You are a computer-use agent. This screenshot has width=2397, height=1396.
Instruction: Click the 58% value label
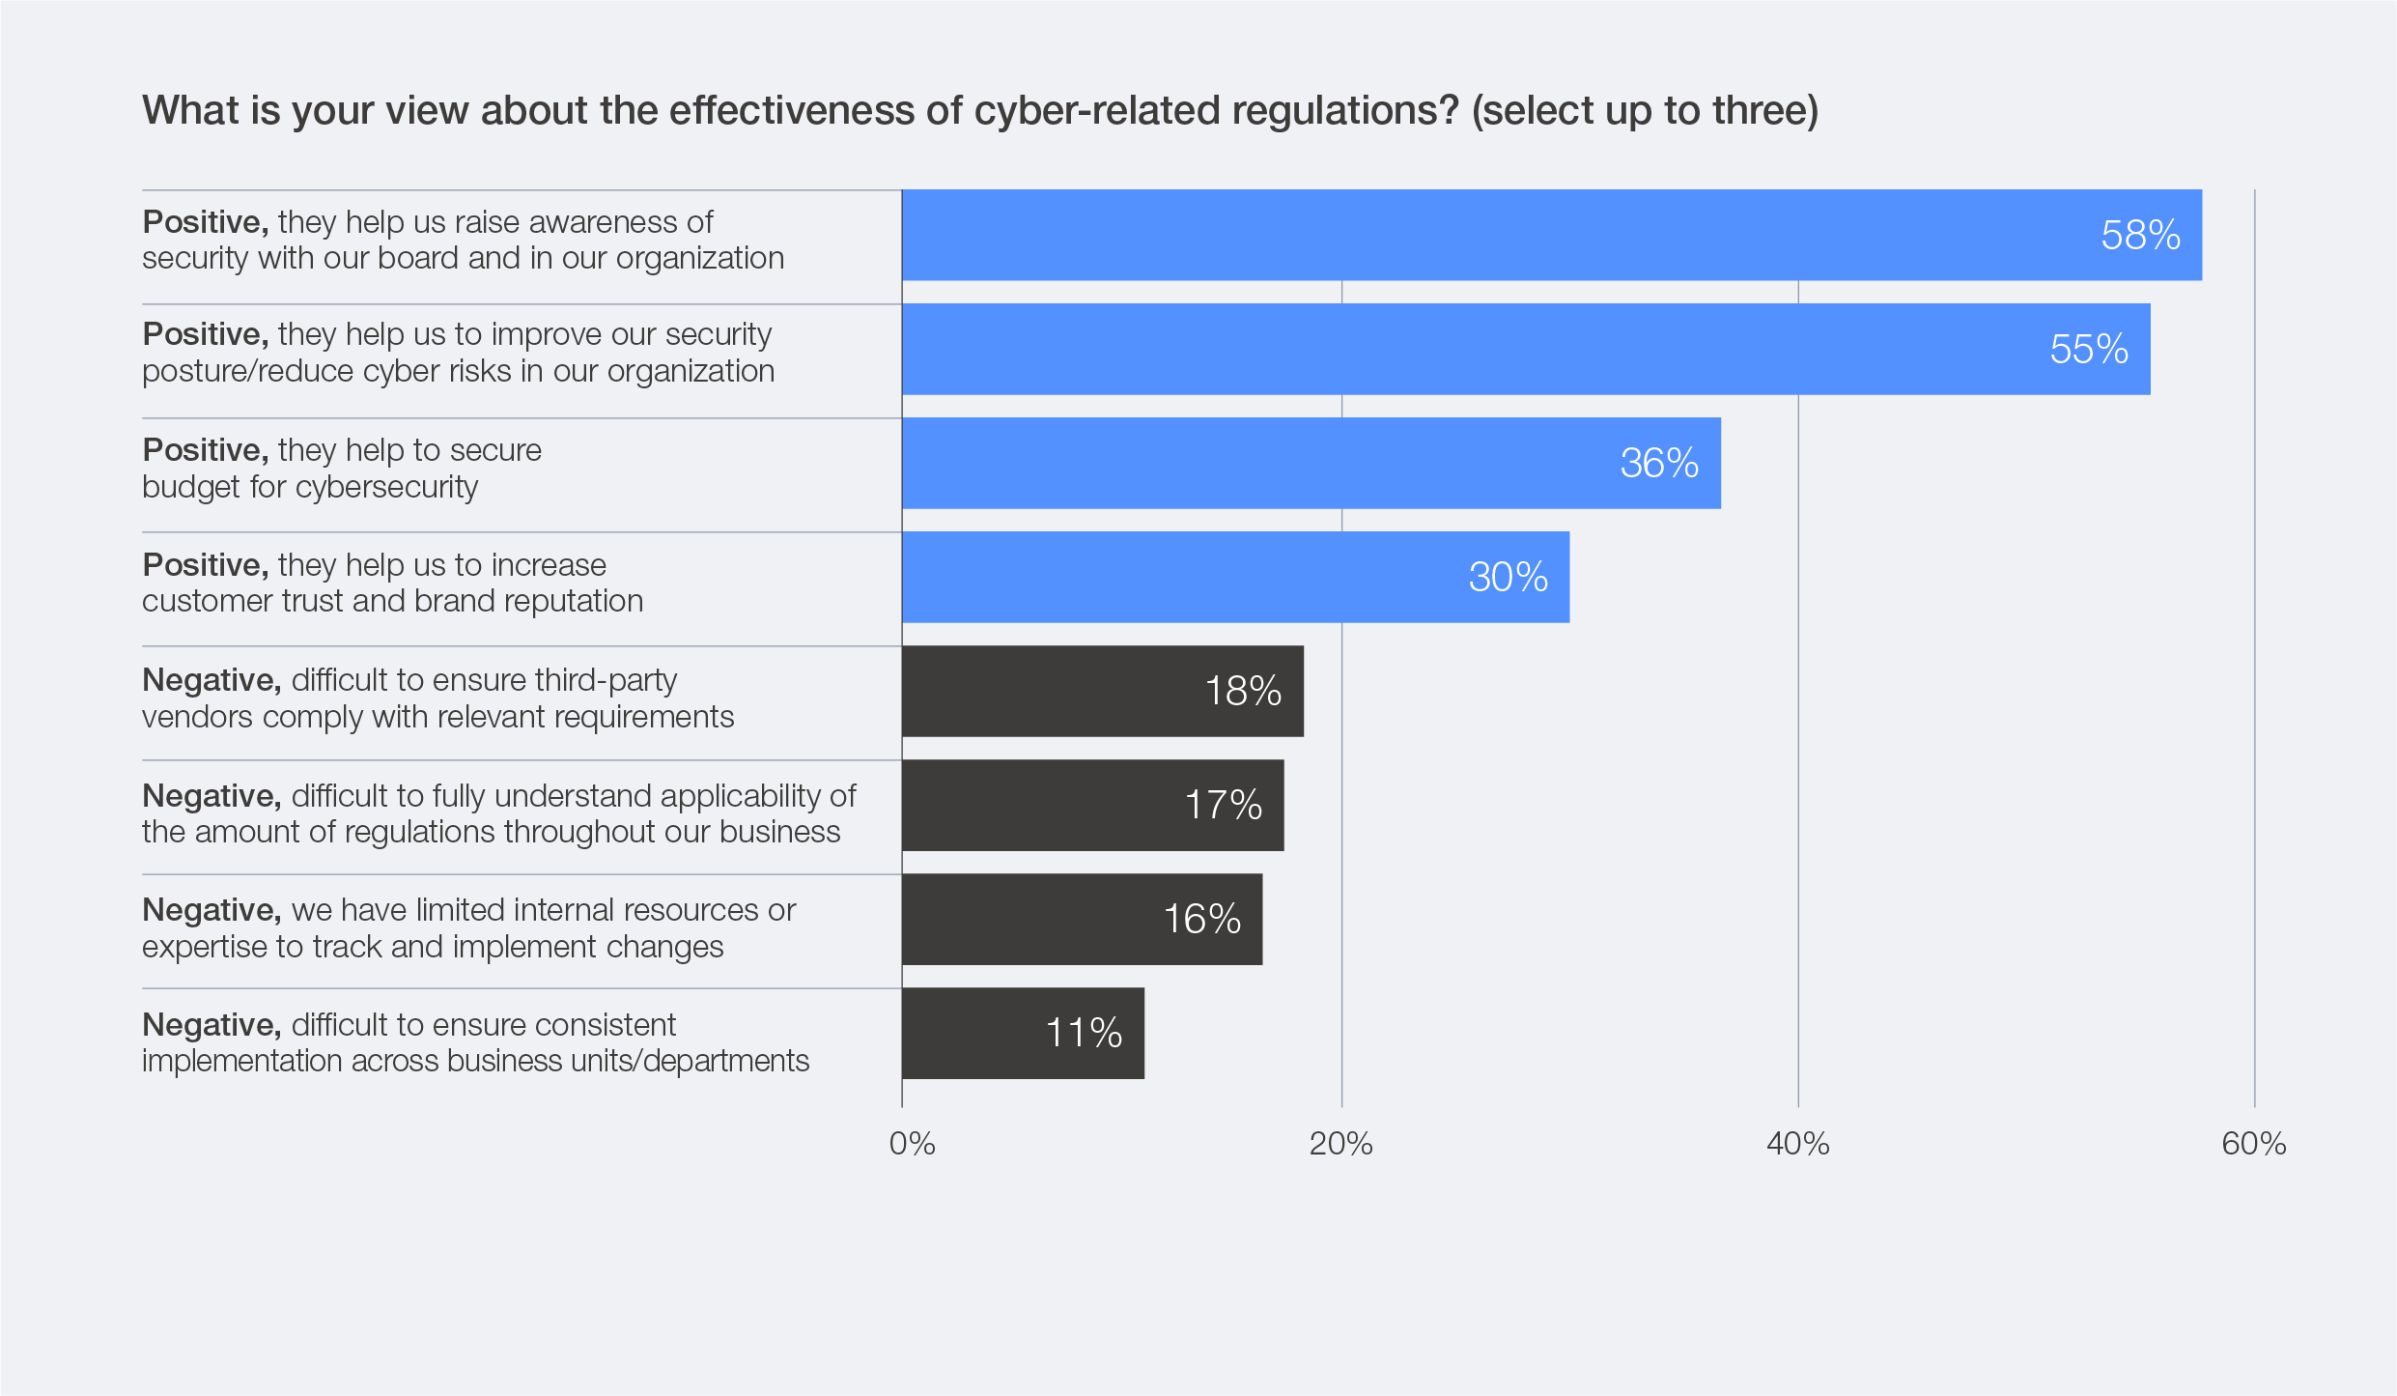[x=2139, y=236]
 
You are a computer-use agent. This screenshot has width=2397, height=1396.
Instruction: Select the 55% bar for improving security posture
[x=1526, y=349]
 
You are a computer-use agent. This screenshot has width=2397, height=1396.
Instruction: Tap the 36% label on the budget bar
[x=1658, y=464]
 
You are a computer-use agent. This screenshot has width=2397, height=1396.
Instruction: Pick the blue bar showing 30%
[x=1235, y=577]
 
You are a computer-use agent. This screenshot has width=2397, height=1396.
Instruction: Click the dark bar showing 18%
[x=1102, y=691]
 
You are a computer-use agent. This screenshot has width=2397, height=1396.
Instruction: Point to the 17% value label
[x=1223, y=805]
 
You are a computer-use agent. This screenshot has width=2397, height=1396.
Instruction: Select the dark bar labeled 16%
[x=1082, y=919]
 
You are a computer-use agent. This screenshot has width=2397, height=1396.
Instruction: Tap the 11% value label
[x=1084, y=1033]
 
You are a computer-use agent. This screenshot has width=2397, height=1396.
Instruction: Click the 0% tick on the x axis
[x=912, y=1144]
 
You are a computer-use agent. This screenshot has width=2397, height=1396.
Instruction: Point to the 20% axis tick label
[x=1340, y=1144]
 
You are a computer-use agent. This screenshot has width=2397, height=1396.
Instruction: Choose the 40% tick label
[x=1797, y=1144]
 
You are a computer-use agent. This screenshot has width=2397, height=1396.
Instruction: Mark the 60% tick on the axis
[x=2253, y=1144]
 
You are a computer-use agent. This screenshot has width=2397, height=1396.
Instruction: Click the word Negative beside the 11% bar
[x=211, y=1024]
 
